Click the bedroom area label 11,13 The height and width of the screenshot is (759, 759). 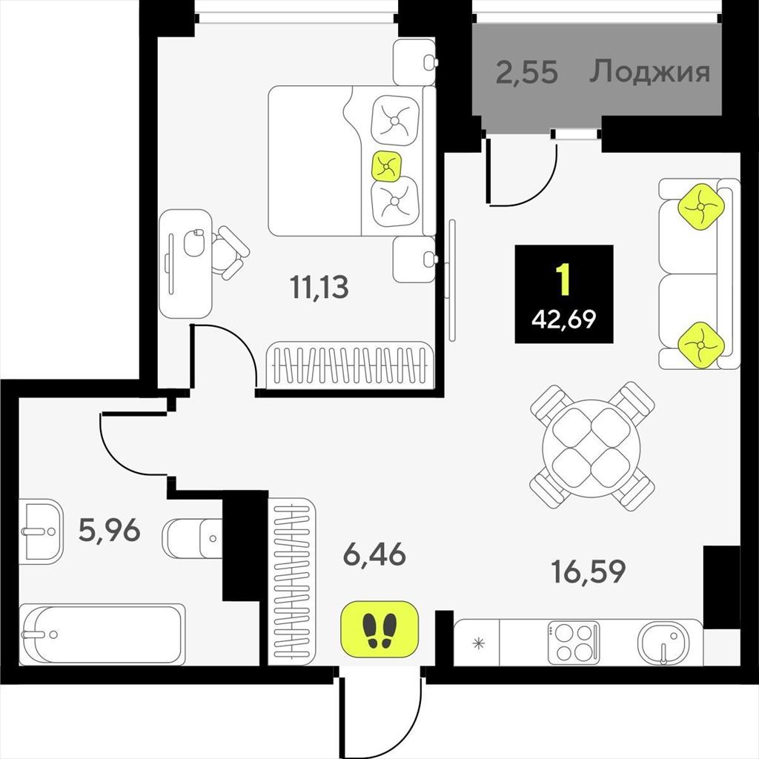(x=319, y=287)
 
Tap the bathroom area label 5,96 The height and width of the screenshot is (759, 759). (x=110, y=530)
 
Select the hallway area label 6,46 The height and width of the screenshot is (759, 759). (x=374, y=554)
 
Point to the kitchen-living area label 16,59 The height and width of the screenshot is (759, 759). (x=589, y=571)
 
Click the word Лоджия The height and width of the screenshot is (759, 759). (x=649, y=72)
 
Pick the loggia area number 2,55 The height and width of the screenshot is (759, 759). (x=527, y=73)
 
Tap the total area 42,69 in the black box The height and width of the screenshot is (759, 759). (x=564, y=319)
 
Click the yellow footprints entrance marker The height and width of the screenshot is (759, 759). (x=379, y=629)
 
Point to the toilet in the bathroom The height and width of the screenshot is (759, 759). (x=192, y=538)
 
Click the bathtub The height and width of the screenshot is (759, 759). (x=102, y=634)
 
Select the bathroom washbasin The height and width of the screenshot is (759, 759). (x=42, y=531)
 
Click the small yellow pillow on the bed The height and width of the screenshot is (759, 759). (x=385, y=167)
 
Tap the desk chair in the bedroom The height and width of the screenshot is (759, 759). (x=229, y=252)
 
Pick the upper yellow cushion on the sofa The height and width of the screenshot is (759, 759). (x=700, y=207)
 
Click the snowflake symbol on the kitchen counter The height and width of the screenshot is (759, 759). (x=478, y=644)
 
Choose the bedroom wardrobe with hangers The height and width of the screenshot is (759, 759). (x=350, y=365)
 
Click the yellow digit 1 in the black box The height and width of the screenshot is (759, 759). (x=563, y=280)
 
